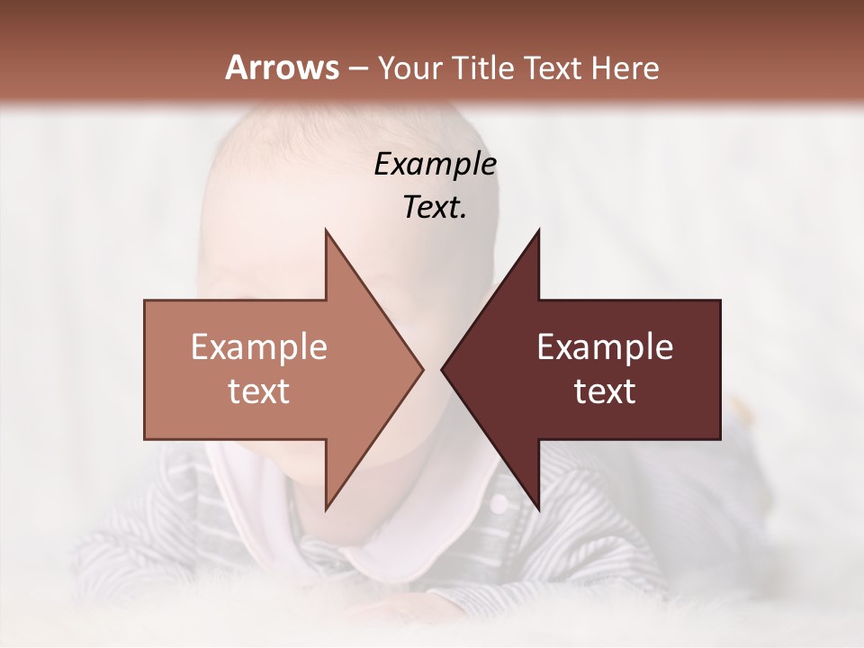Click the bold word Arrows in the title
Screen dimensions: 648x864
pyautogui.click(x=282, y=67)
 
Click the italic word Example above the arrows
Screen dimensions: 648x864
pyautogui.click(x=435, y=165)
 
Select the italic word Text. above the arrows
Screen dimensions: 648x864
pyautogui.click(x=435, y=207)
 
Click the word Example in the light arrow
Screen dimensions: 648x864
pyautogui.click(x=259, y=347)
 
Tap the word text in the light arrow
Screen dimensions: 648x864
pyautogui.click(x=259, y=391)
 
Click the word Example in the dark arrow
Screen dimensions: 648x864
pyautogui.click(x=605, y=347)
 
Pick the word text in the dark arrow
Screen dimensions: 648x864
pyautogui.click(x=605, y=391)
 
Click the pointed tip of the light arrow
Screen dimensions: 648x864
pyautogui.click(x=420, y=369)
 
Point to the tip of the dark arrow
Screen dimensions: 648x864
pyautogui.click(x=444, y=369)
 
